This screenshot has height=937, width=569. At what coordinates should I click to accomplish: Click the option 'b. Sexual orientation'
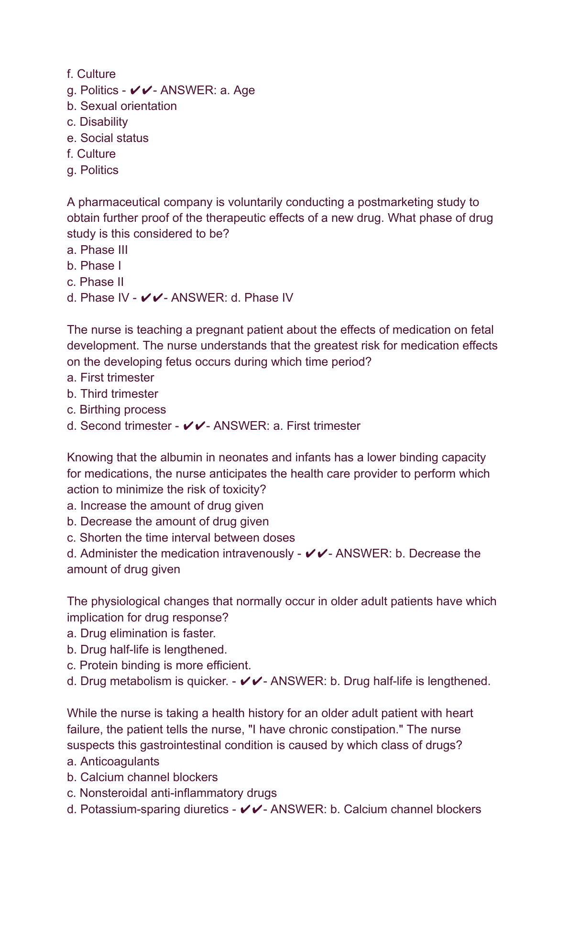click(122, 106)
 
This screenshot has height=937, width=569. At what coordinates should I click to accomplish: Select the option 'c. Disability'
click(98, 122)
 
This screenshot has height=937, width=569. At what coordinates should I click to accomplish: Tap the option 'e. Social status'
click(108, 138)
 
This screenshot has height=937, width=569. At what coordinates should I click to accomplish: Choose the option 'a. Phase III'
click(98, 250)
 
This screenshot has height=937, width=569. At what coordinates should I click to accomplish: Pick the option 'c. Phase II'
click(96, 282)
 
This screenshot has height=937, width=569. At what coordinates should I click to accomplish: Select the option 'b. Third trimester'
click(112, 394)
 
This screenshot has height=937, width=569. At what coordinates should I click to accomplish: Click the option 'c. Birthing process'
click(117, 410)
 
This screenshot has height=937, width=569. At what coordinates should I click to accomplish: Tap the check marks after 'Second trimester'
click(194, 426)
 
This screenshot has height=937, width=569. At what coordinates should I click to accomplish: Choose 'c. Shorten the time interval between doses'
click(181, 538)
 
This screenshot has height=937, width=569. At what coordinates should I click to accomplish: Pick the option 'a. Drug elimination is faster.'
click(142, 633)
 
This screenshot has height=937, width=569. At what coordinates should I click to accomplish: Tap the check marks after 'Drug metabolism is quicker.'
click(251, 681)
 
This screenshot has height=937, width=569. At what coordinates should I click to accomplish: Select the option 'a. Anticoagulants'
click(113, 762)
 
